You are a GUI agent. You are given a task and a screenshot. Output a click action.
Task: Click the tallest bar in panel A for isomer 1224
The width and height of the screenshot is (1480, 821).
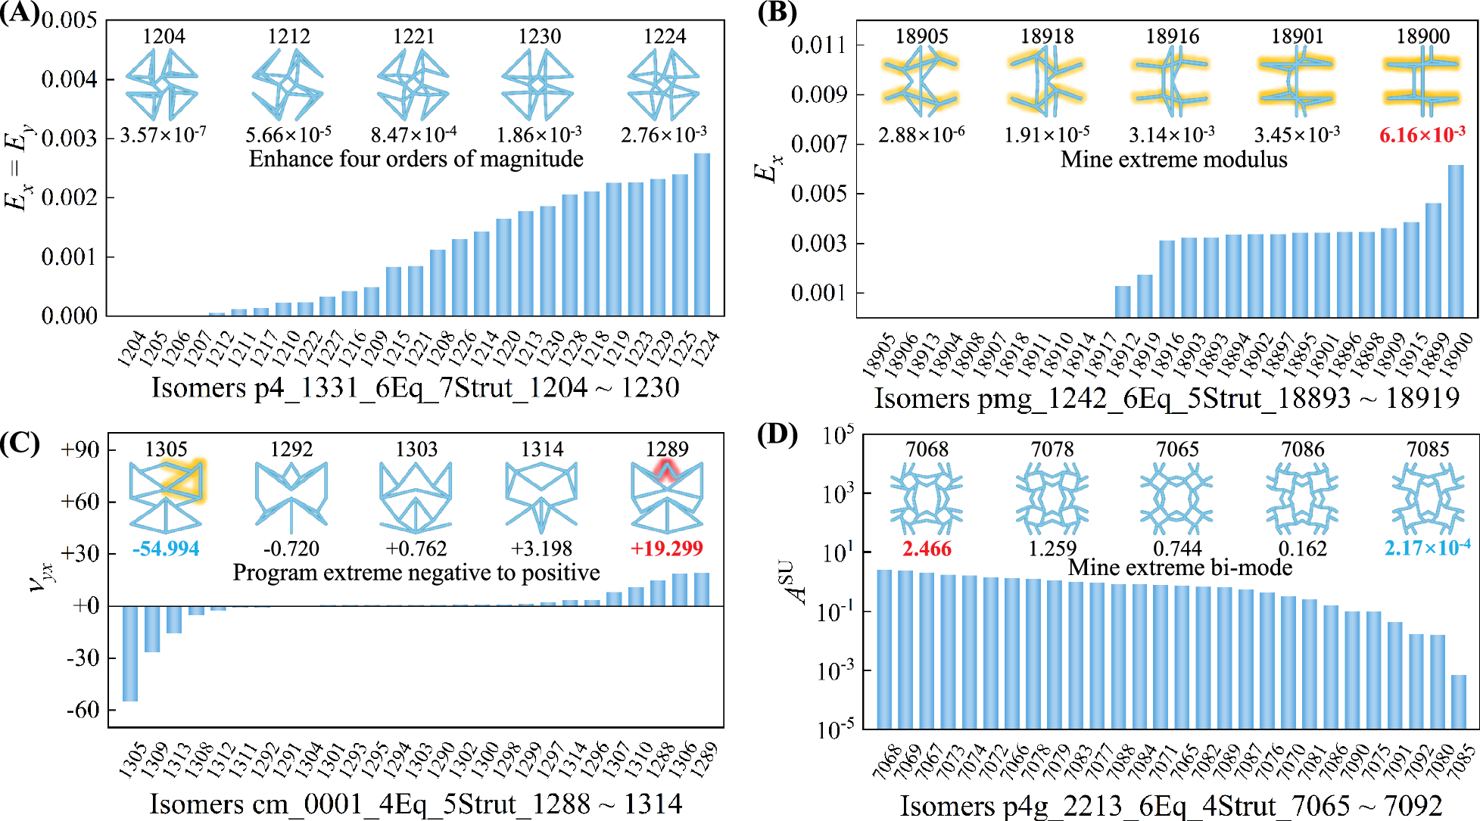[x=702, y=235]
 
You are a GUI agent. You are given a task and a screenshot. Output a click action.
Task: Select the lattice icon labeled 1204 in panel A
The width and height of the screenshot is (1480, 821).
[x=162, y=83]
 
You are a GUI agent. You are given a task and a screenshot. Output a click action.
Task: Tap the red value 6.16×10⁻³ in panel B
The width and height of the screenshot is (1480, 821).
[x=1422, y=135]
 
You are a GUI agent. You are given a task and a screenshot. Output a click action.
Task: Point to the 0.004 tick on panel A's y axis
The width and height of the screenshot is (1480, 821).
[x=69, y=79]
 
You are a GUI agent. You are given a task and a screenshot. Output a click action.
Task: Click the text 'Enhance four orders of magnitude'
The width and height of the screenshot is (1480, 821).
[x=416, y=159]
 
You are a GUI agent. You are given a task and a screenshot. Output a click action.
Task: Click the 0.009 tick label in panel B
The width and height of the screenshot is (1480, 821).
[x=818, y=95]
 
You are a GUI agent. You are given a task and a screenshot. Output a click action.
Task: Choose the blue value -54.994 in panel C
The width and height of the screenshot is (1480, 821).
[x=166, y=549]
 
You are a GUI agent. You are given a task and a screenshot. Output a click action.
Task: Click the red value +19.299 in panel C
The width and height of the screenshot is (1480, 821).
[x=666, y=549]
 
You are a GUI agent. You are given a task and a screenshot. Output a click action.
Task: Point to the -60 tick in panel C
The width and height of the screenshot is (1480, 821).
[x=83, y=710]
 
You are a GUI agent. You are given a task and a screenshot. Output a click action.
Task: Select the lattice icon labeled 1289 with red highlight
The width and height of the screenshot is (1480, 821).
[x=666, y=496]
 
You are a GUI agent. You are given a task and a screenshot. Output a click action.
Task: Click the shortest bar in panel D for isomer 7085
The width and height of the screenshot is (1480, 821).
[x=1458, y=701]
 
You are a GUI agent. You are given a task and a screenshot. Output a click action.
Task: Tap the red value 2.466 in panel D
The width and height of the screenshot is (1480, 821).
[x=927, y=549]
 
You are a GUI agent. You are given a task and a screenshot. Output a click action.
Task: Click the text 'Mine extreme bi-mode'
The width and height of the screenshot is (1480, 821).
[x=1179, y=568]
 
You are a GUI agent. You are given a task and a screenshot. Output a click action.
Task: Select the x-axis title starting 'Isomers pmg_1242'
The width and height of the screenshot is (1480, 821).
[x=1167, y=398]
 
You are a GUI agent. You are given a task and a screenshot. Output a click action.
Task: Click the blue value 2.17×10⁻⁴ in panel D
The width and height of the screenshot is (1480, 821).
[x=1427, y=548]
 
